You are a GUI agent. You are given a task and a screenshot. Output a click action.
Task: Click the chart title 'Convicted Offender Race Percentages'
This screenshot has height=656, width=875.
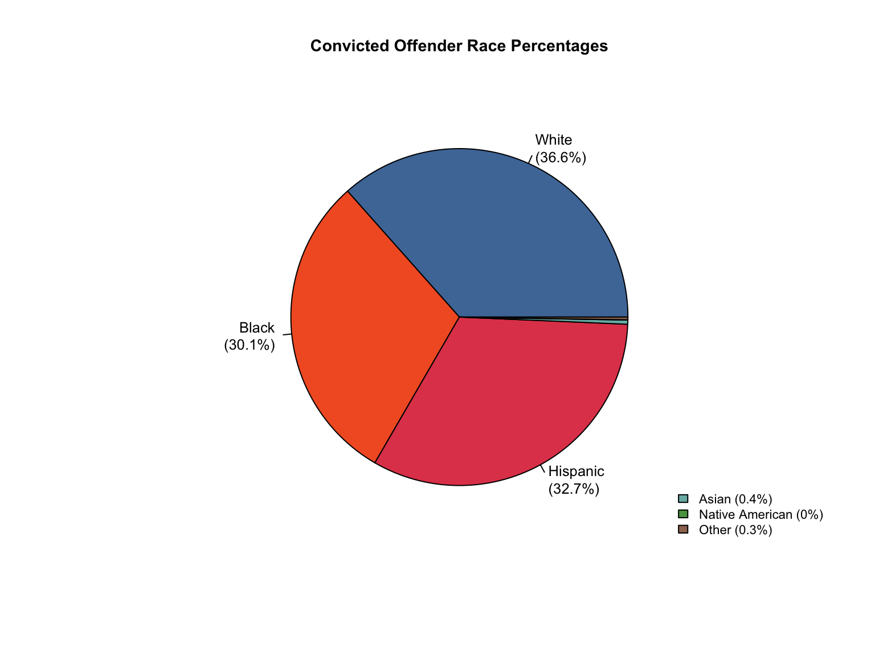[x=459, y=46]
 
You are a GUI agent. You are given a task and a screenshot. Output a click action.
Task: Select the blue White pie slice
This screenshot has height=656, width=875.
[x=501, y=233]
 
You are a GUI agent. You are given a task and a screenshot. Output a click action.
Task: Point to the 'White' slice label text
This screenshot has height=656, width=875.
[x=553, y=140]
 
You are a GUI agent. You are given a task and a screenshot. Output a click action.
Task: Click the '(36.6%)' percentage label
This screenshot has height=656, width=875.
[x=561, y=158]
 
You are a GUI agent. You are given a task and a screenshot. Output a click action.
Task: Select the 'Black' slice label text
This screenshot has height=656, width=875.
[x=257, y=328]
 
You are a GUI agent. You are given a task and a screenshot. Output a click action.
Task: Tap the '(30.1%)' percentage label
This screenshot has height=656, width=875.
[x=250, y=346]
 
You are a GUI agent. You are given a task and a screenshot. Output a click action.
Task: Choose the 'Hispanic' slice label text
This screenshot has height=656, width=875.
[x=576, y=471]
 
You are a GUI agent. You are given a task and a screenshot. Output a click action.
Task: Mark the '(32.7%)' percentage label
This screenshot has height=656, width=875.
[x=574, y=489]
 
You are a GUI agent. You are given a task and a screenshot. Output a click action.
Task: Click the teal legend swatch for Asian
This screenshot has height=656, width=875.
[x=683, y=499]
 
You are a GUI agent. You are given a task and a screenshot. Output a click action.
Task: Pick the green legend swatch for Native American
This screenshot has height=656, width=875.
[x=683, y=514]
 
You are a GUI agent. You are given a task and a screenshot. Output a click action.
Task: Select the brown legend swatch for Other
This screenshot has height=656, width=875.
[x=683, y=530]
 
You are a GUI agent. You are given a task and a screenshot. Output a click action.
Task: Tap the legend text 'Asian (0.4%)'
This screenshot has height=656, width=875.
[x=735, y=499]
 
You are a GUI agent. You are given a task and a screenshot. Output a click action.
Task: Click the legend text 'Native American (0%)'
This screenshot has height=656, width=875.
[x=761, y=515]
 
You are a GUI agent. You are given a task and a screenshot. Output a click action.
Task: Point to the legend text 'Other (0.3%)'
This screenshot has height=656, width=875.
[x=735, y=530]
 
